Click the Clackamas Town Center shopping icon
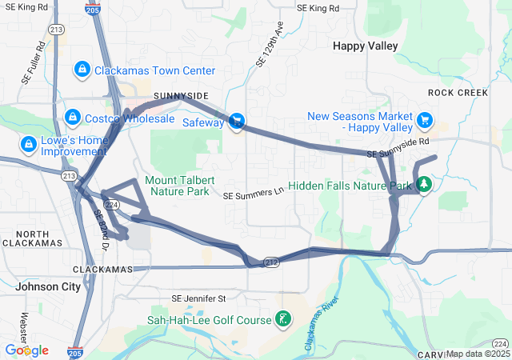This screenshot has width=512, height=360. pos(82,70)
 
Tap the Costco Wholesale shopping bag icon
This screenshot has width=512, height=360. pos(73,118)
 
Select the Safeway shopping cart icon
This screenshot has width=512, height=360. pos(236,122)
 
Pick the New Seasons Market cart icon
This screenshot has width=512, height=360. pos(425,121)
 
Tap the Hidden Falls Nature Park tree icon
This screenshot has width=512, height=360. pos(423,186)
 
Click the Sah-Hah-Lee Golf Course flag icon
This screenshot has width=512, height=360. pos(282,321)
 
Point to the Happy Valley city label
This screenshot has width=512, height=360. pos(365,46)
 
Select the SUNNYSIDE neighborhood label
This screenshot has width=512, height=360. pos(181,96)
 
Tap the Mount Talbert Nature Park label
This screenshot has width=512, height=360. pos(177,185)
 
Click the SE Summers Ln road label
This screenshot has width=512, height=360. pos(253,194)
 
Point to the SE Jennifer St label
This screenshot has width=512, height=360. pos(198,298)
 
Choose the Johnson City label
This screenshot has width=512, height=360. pos(48,286)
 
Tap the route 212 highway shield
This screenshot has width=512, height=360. pos(272,262)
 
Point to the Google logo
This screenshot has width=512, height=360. pos(26,350)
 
